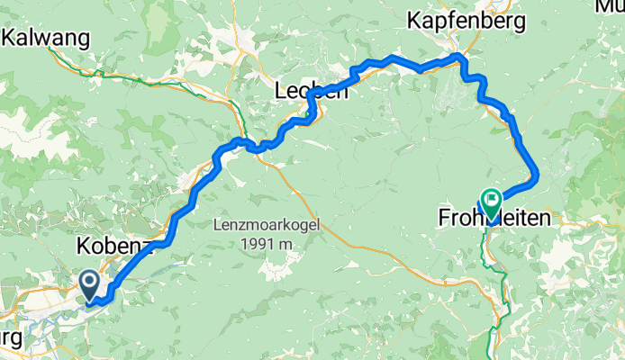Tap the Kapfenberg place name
tap(478, 19)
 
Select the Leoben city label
tap(311, 91)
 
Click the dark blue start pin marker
tap(91, 285)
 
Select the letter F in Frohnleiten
tap(444, 218)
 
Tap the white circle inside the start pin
tap(91, 282)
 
